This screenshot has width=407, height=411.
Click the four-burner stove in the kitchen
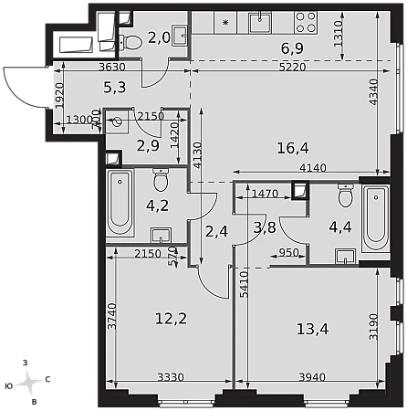(x=306, y=22)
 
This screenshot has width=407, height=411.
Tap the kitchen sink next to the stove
(x=260, y=23)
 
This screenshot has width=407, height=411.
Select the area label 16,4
(x=293, y=148)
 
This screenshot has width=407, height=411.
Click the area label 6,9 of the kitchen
(x=292, y=48)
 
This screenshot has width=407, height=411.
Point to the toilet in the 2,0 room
(x=130, y=42)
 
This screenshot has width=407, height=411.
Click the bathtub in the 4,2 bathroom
(x=120, y=202)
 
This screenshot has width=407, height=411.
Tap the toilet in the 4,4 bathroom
(x=346, y=195)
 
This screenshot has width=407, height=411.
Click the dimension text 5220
(x=292, y=67)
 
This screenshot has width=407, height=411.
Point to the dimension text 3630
(x=112, y=67)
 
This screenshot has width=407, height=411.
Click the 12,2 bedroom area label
(x=171, y=319)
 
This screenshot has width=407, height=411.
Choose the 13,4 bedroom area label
(x=312, y=329)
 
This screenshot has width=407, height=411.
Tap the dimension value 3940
(x=312, y=377)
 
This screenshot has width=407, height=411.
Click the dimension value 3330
(x=171, y=377)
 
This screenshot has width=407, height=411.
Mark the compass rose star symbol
(x=29, y=381)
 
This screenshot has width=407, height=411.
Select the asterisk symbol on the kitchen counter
(x=225, y=22)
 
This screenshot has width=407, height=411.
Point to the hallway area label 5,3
(x=115, y=88)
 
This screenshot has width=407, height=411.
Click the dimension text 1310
(x=338, y=34)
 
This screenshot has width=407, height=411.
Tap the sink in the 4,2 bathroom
(x=161, y=236)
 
